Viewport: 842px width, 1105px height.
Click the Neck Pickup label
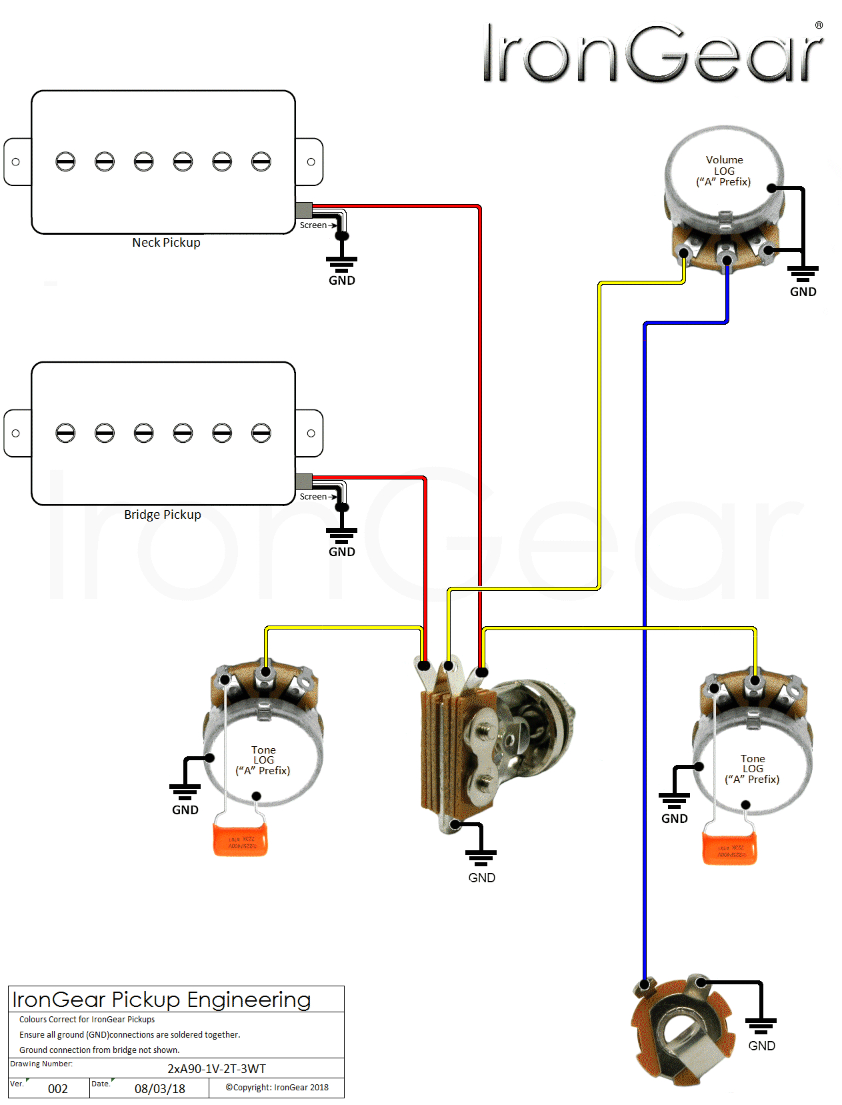click(x=166, y=243)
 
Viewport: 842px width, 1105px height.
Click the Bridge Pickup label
click(x=162, y=515)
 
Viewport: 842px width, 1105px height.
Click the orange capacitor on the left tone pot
click(x=240, y=840)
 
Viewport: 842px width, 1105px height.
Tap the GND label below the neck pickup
click(x=341, y=281)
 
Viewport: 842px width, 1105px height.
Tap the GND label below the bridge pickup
click(x=341, y=552)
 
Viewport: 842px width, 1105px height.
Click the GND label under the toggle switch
click(x=481, y=878)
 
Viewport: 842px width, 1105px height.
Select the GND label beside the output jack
click(x=761, y=1046)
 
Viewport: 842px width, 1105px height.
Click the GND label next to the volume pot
click(x=803, y=292)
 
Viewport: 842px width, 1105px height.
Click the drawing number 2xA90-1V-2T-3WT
click(x=216, y=1069)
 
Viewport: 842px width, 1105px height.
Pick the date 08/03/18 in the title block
click(x=160, y=1089)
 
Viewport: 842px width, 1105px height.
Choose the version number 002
click(x=58, y=1089)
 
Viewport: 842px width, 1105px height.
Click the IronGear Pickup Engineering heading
click(x=161, y=1000)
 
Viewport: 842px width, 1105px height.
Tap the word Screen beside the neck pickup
click(x=313, y=225)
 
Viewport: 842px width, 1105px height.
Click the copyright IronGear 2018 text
click(x=277, y=1088)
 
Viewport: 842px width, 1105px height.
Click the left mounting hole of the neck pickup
click(x=16, y=162)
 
